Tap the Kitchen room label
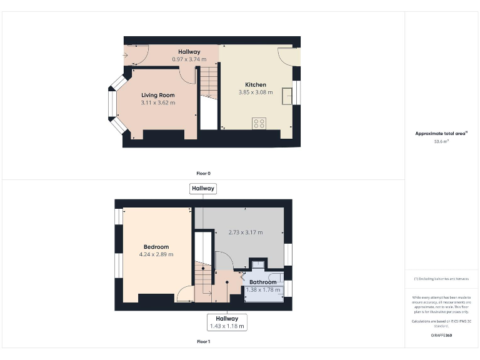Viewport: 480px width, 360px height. pos(255,85)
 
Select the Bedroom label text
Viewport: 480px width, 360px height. pos(156,247)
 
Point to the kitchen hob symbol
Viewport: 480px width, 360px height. pos(259,122)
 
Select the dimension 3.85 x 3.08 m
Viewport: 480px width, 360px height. pos(255,92)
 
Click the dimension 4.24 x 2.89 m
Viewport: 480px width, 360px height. pos(156,254)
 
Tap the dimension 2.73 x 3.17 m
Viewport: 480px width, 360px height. pos(246,232)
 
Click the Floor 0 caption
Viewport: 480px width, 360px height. pos(203,173)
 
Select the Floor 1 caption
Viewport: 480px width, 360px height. pos(203,342)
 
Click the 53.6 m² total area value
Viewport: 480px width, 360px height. pos(442,141)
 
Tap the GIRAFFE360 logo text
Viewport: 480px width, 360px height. pos(441,336)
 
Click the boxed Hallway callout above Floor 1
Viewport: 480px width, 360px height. pos(203,188)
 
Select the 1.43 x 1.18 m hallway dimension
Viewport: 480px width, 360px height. pos(227,326)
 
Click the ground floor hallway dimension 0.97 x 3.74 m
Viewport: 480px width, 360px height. pos(189,59)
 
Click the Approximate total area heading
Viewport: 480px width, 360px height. pos(441,133)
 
